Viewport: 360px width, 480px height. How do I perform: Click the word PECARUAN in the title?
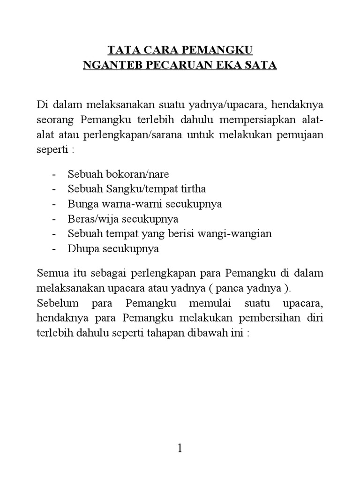[178, 66]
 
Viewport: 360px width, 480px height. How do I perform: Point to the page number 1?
[180, 449]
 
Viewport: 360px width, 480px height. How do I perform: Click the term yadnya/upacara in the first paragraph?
[223, 103]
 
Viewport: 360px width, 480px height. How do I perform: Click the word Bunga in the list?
[81, 204]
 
